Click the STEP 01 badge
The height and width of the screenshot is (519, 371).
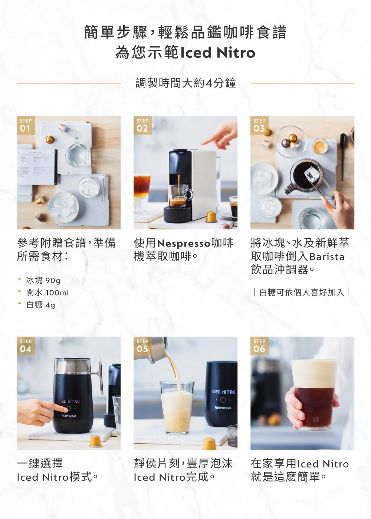[26, 125]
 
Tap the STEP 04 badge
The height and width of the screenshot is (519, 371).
[26, 346]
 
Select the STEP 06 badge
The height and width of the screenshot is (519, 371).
[259, 346]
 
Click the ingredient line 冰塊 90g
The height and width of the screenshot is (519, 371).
[43, 280]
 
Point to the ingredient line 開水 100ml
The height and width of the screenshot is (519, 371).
[47, 292]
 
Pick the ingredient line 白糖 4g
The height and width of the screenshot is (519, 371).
[40, 305]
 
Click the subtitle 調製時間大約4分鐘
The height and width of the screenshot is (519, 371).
[186, 83]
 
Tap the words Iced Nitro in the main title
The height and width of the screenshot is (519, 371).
[218, 52]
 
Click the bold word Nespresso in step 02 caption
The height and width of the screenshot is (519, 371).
[184, 243]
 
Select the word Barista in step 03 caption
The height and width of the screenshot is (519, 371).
[327, 257]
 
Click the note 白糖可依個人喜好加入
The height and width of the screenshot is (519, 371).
[302, 292]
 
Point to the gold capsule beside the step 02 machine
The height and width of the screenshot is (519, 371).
[211, 217]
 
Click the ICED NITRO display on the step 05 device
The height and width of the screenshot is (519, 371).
[223, 392]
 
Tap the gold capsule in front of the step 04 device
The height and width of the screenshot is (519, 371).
[95, 441]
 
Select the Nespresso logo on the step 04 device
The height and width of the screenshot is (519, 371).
[68, 416]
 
